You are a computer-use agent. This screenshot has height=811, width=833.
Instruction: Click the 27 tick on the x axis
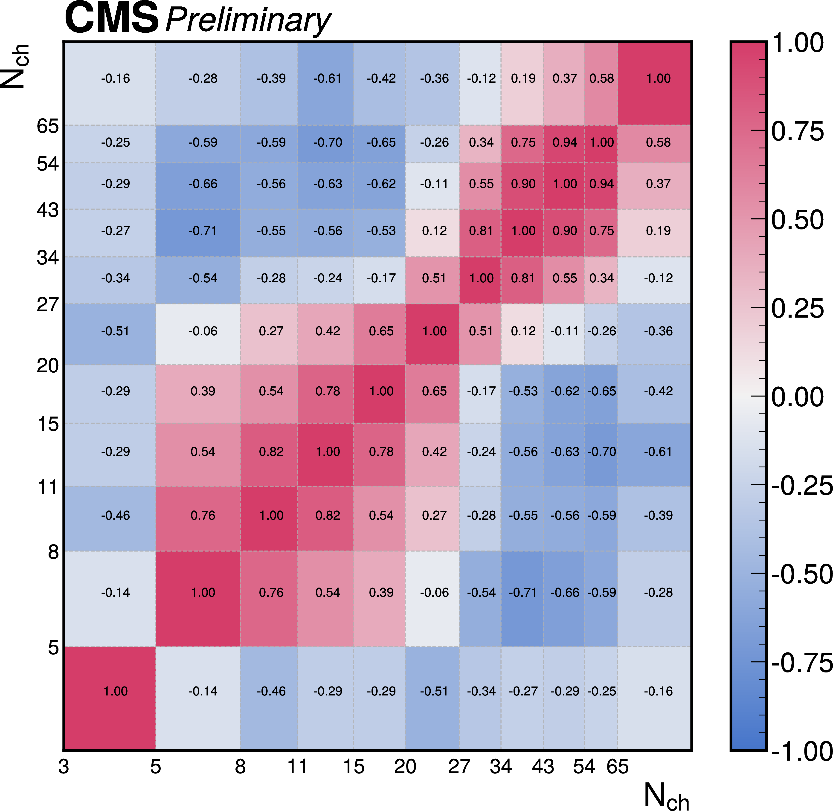(459, 767)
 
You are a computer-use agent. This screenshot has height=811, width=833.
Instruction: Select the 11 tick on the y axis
(48, 487)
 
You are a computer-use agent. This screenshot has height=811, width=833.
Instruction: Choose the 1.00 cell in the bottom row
(116, 691)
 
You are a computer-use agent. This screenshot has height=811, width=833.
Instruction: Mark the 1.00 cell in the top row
(658, 78)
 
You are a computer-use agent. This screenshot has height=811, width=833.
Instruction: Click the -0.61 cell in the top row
(327, 78)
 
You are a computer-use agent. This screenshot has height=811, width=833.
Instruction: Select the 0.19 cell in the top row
(523, 78)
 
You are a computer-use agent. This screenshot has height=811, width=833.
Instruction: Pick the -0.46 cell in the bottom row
(271, 691)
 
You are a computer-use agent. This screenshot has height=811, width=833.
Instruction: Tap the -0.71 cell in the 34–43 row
(203, 231)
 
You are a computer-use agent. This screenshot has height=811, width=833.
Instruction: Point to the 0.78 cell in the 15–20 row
(327, 391)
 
